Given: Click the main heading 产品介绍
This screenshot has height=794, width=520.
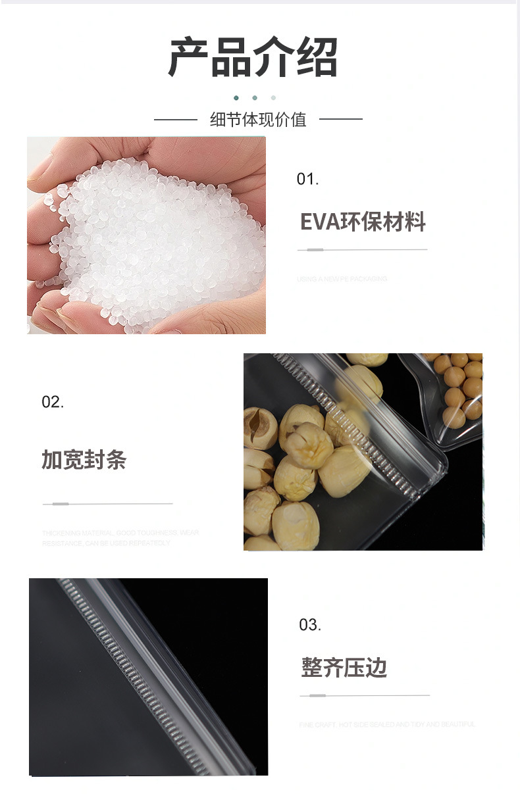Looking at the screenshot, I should click(253, 57).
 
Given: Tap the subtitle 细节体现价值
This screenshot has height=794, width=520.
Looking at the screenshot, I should click(258, 120).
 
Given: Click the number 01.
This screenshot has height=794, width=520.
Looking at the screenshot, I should click(307, 179).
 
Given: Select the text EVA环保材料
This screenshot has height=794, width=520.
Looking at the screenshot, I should click(363, 222).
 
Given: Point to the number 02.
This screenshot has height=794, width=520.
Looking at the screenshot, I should click(53, 402).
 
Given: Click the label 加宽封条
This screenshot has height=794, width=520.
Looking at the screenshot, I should click(84, 460).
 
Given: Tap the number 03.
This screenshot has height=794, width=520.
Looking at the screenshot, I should click(310, 625).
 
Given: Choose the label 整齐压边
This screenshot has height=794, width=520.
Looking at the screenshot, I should click(344, 668).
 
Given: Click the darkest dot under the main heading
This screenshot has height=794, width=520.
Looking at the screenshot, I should click(236, 98).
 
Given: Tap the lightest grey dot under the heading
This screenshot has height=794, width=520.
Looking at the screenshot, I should click(273, 98).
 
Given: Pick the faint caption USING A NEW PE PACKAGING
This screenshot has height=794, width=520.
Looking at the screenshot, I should click(342, 279).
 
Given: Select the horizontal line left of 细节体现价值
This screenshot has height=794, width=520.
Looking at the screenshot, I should click(176, 120).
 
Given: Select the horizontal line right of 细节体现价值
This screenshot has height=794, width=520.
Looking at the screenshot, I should click(340, 120).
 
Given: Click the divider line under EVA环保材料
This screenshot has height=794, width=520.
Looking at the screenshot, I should click(362, 250).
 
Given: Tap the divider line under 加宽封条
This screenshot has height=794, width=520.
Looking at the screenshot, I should click(107, 504).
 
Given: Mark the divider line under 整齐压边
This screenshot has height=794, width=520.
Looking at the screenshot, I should click(365, 695).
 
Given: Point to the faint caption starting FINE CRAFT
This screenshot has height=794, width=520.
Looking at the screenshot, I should click(387, 724).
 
